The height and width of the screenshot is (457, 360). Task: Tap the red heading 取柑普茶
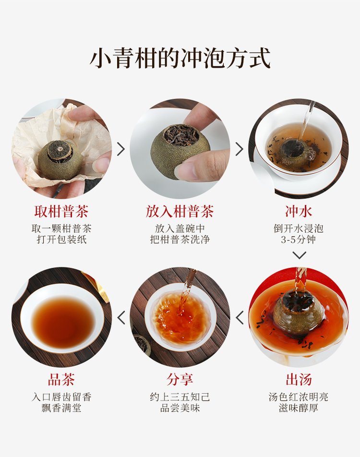(x=61, y=212)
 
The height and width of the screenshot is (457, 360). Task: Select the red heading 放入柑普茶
(x=180, y=212)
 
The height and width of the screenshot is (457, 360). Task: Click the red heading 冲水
(x=299, y=212)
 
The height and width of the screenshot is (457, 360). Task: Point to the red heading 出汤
(x=299, y=380)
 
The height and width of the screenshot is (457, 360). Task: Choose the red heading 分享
(x=180, y=380)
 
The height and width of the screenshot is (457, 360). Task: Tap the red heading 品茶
(x=61, y=380)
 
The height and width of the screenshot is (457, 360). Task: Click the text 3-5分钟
(x=299, y=240)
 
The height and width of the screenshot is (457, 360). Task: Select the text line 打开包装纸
(x=61, y=240)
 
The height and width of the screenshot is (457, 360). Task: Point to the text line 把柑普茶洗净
(x=180, y=240)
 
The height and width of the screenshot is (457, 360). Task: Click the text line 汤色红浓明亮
(x=299, y=397)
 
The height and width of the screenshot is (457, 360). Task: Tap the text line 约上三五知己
(x=180, y=397)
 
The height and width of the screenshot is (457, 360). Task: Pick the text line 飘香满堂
(x=61, y=408)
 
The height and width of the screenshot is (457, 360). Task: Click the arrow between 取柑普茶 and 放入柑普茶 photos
(x=120, y=149)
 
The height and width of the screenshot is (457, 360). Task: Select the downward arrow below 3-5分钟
(x=299, y=255)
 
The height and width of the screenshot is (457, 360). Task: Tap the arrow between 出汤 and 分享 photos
(x=240, y=317)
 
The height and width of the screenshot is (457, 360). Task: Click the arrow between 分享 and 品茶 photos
(x=121, y=317)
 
